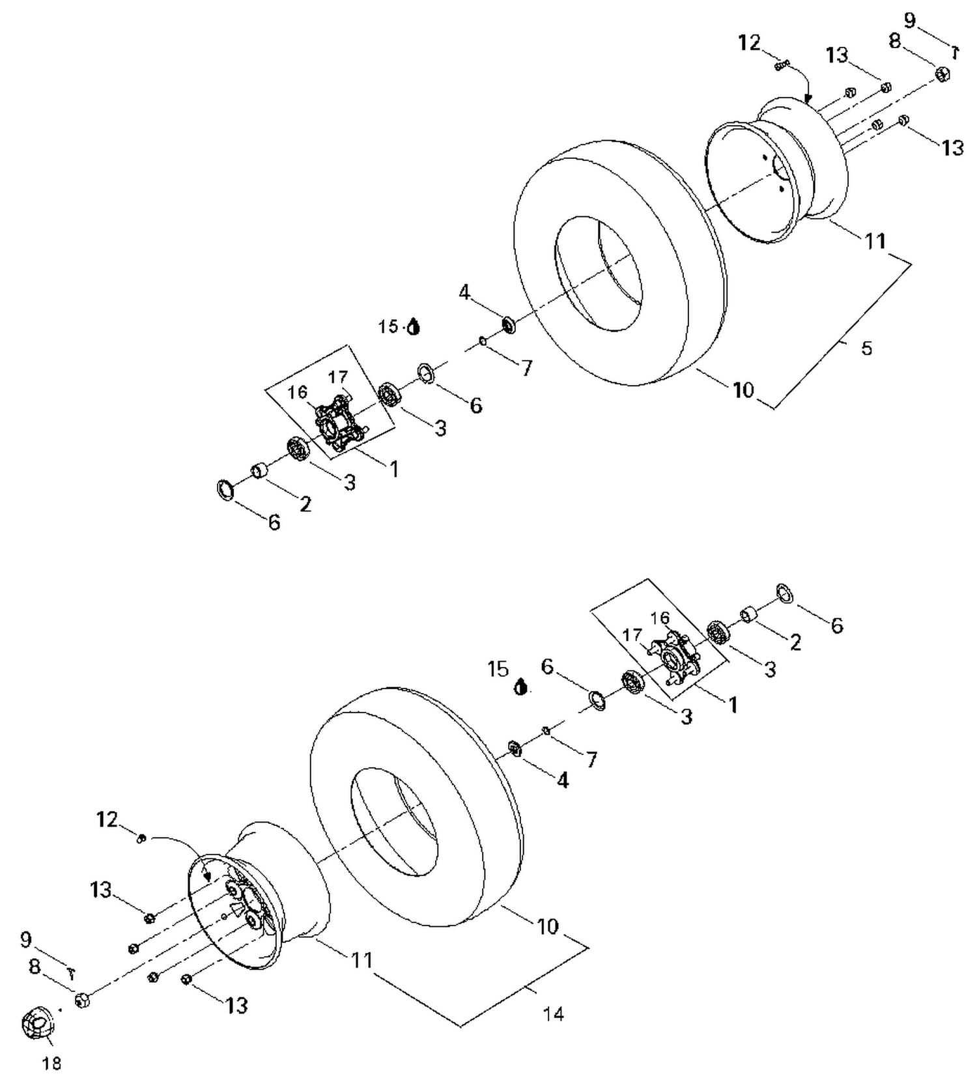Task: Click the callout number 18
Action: (51, 1064)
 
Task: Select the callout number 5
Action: (866, 348)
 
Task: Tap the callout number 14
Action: (553, 1013)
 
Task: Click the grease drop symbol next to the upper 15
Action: (413, 326)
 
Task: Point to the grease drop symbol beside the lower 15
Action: (520, 687)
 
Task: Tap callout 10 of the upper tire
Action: (743, 390)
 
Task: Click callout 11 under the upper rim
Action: (875, 241)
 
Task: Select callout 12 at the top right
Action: (750, 43)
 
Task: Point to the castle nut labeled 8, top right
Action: (942, 74)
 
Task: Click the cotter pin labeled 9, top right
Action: (955, 51)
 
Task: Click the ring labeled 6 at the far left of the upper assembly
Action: (225, 489)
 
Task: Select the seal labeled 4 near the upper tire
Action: (508, 324)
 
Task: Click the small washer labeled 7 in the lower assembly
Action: (546, 731)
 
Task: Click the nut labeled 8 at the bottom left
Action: (83, 1000)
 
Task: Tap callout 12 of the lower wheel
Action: (107, 819)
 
